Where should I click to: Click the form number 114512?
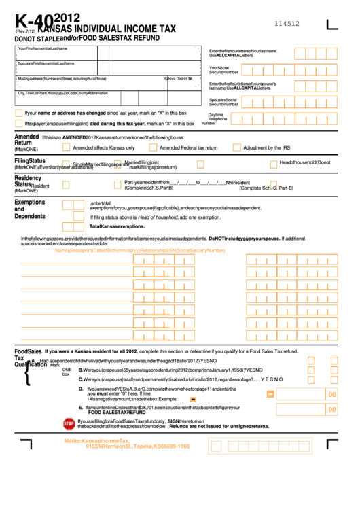[x=287, y=23]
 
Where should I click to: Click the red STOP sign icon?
[x=69, y=423]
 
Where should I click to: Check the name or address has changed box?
[x=19, y=113]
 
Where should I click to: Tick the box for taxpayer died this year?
[x=19, y=124]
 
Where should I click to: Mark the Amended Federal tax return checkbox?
[x=151, y=147]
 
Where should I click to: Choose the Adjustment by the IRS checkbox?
[x=236, y=147]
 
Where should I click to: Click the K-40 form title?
[x=31, y=22]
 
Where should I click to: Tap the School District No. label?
[x=179, y=79]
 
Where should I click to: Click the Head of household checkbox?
[x=273, y=164]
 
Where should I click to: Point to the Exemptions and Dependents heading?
[x=29, y=209]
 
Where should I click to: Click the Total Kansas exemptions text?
[x=118, y=226]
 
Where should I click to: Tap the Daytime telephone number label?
[x=217, y=119]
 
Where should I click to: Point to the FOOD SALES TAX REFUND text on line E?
[x=117, y=413]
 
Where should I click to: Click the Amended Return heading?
[x=26, y=140]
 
